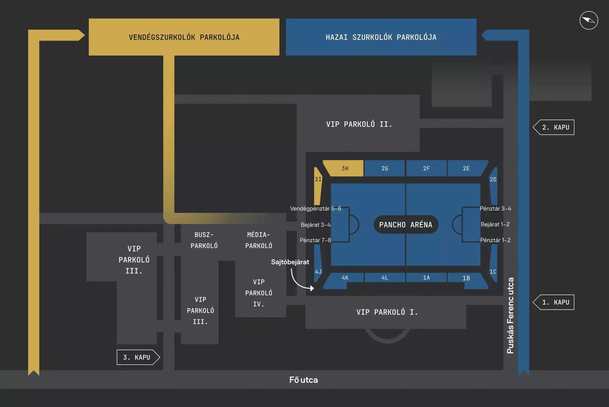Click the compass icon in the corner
[588, 20]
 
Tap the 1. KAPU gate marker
[555, 302]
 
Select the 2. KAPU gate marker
[555, 127]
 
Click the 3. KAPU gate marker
[137, 357]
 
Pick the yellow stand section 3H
[345, 168]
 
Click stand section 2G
[385, 168]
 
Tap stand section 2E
[466, 168]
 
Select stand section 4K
[345, 278]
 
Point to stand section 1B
[466, 278]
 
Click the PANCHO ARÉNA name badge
[405, 225]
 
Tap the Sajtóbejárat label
[290, 262]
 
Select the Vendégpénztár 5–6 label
[315, 209]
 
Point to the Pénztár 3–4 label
[495, 209]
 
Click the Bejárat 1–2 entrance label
[495, 224]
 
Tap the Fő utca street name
[303, 380]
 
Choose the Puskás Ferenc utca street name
[510, 316]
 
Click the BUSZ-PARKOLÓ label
[204, 240]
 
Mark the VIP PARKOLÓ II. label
[359, 124]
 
